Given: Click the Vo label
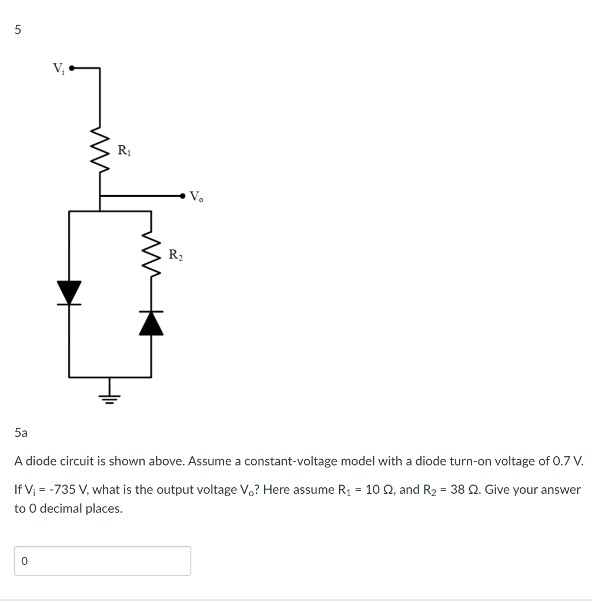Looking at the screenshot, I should click(x=196, y=196).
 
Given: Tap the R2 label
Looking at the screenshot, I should click(x=176, y=255).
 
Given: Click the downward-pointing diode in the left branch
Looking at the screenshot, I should click(x=69, y=293).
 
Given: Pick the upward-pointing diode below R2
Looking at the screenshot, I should click(x=151, y=323).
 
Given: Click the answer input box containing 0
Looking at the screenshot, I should click(x=102, y=561).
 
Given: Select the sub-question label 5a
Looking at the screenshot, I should click(x=21, y=433).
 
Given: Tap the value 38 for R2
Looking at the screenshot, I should click(x=459, y=489).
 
